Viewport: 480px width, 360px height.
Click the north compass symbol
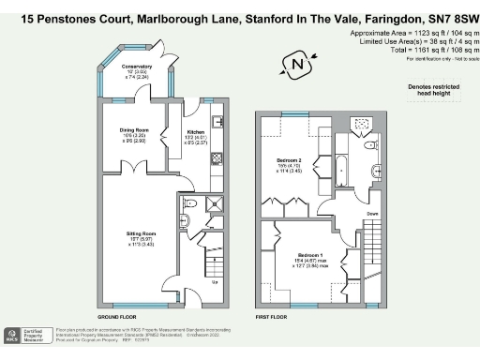[298, 65]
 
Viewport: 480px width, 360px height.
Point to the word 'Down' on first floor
[372, 214]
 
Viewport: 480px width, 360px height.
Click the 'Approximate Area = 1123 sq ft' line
[412, 33]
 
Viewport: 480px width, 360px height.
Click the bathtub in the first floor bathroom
[341, 169]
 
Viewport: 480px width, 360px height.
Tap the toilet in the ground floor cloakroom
[188, 203]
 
